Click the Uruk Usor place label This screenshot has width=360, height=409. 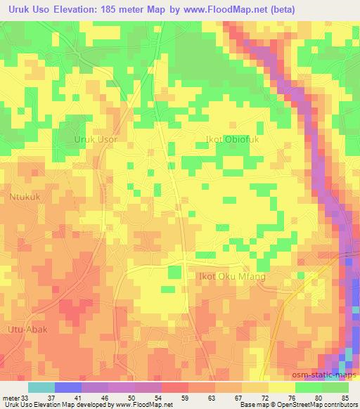[96, 140]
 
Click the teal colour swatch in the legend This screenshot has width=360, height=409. [41, 387]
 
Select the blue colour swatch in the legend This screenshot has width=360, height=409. [68, 387]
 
